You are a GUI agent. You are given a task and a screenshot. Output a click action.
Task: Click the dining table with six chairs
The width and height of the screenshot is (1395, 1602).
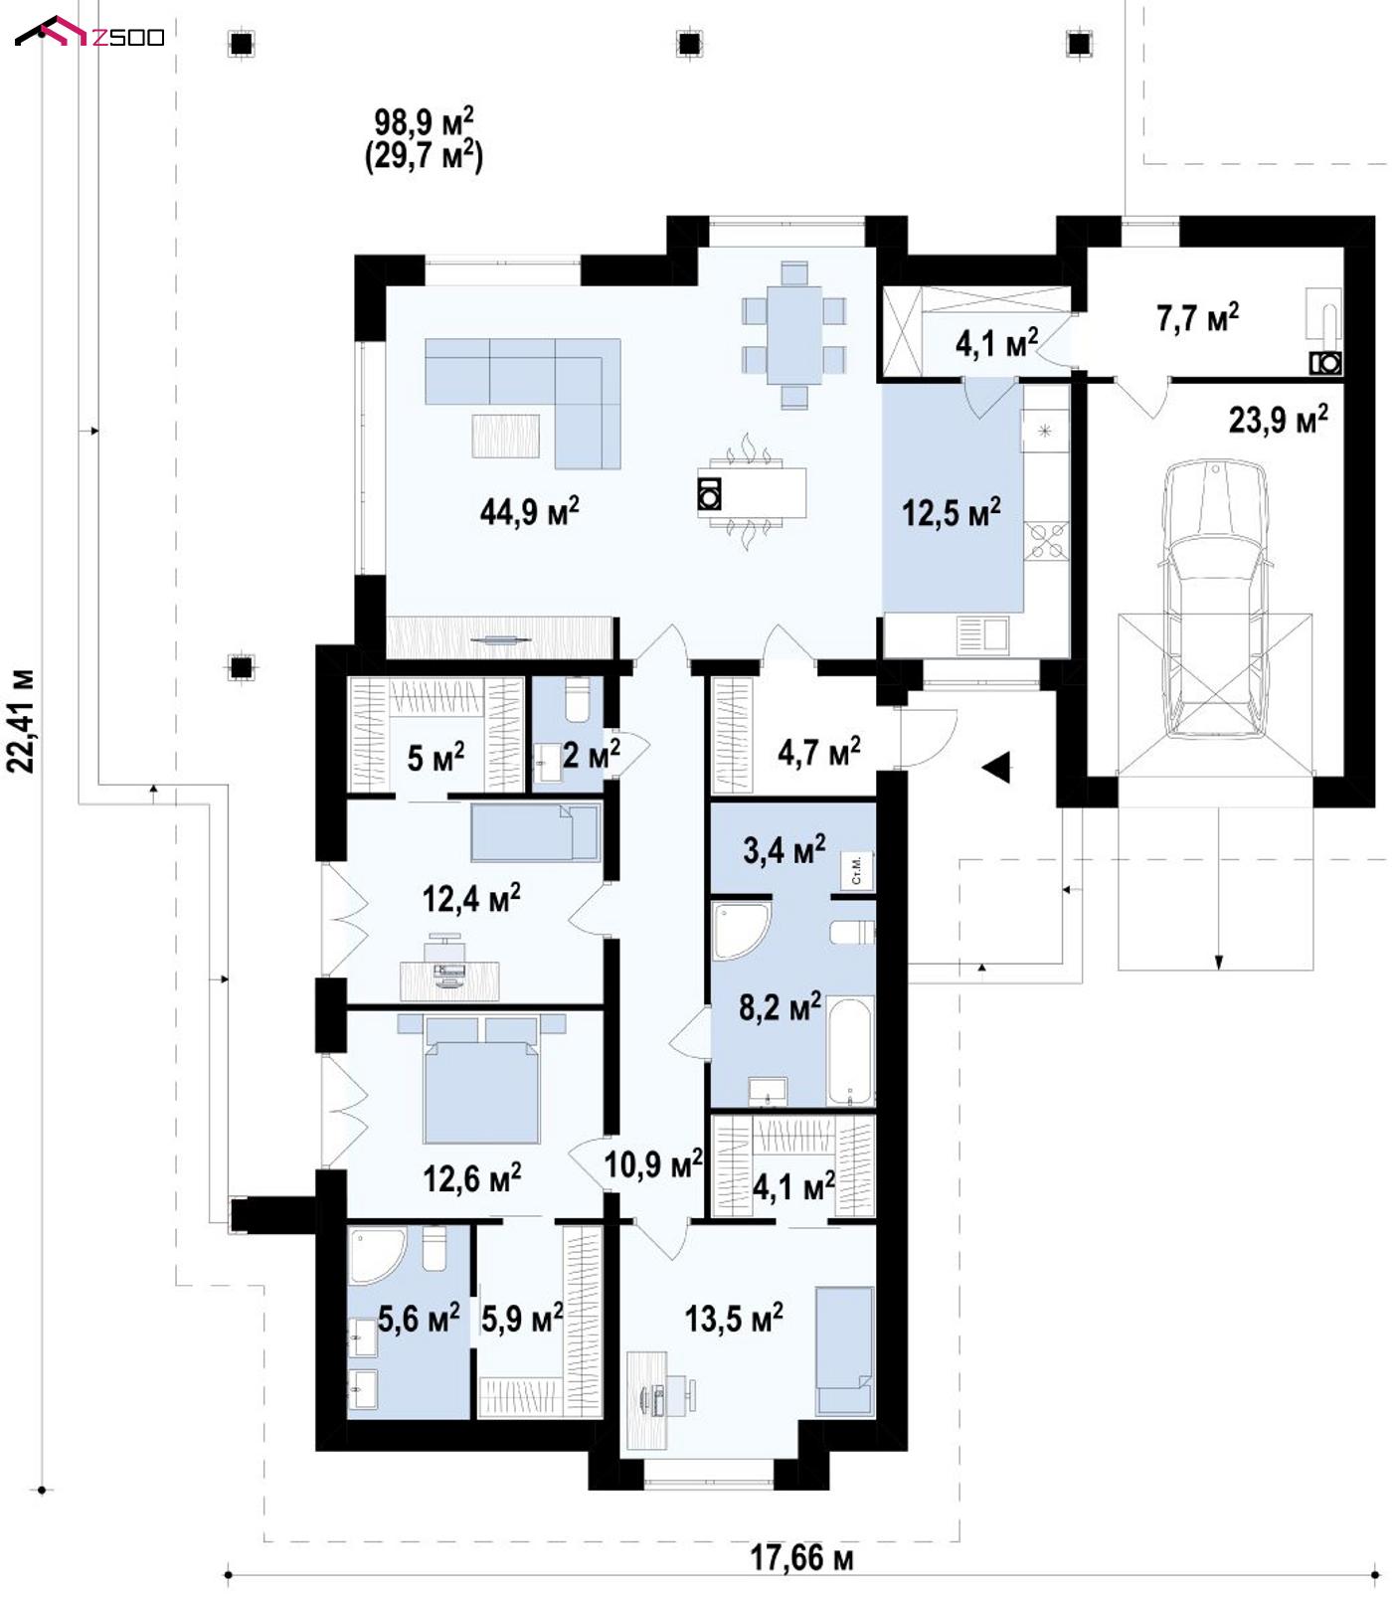[793, 334]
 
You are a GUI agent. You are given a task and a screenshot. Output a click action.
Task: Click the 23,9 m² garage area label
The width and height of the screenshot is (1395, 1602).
[1278, 419]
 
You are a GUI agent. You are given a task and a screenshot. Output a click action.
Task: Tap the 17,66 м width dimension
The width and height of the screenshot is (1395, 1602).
[800, 1556]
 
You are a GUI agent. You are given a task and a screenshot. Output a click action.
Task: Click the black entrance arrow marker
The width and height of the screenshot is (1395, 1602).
[995, 768]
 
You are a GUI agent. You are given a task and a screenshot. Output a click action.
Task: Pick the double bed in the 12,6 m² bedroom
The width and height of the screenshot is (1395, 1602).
[482, 1080]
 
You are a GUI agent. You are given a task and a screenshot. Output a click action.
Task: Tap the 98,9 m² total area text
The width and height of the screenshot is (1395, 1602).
[424, 123]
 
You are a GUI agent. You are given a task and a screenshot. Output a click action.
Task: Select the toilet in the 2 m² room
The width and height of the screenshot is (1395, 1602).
[577, 699]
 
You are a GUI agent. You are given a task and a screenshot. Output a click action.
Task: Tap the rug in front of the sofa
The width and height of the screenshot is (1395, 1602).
[505, 436]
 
